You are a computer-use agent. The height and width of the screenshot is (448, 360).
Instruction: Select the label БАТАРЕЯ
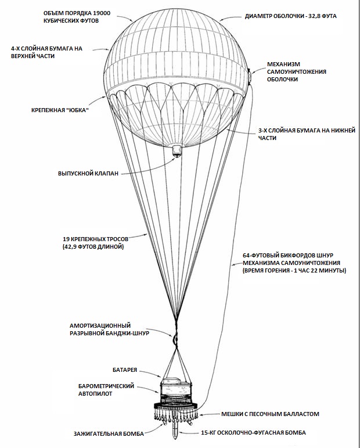[x=126, y=369]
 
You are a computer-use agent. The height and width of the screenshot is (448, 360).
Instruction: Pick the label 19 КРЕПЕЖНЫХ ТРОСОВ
[x=95, y=238]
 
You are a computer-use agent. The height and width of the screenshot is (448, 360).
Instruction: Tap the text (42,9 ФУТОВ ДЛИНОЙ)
[x=94, y=247]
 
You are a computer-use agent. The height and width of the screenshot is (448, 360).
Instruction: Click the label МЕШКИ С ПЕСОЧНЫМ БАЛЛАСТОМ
[x=270, y=414]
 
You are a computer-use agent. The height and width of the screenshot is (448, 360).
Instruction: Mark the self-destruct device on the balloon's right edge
[x=250, y=76]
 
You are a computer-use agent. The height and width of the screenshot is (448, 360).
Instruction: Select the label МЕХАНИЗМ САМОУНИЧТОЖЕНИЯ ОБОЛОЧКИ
[x=296, y=71]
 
